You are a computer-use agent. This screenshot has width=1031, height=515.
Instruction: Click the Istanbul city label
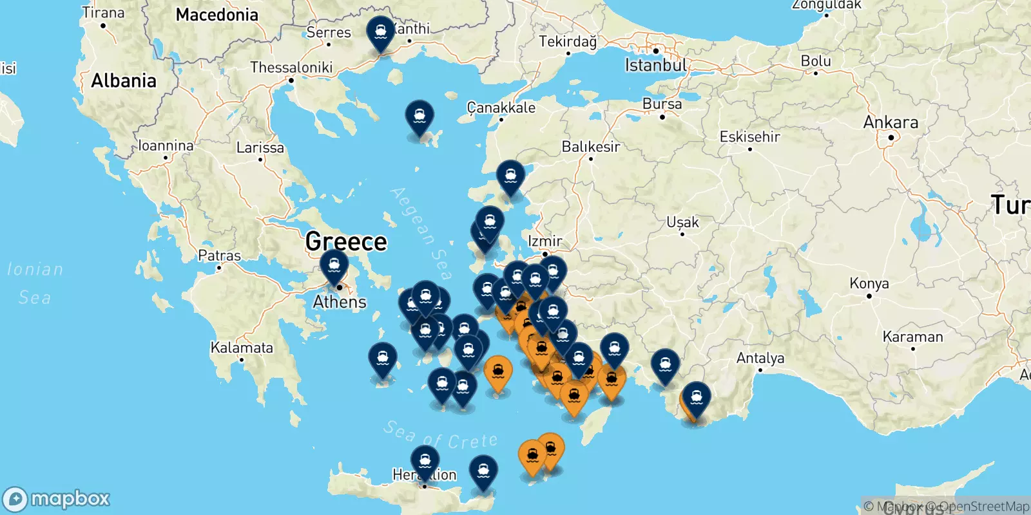coord(655,65)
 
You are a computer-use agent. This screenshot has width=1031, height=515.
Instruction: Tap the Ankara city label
coord(891,122)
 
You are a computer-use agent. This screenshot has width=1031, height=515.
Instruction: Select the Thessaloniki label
coord(291,68)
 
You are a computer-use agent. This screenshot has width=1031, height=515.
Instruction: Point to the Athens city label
coord(340,302)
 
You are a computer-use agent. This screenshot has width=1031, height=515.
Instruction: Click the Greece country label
coord(346,241)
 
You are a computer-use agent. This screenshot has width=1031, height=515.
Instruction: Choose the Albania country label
coord(124,81)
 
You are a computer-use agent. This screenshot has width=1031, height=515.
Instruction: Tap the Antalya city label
coord(760,358)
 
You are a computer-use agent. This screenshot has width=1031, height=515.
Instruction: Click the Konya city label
coord(869,283)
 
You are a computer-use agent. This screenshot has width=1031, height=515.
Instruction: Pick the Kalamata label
coord(242,348)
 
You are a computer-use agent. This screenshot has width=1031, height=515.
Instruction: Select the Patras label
coord(219,256)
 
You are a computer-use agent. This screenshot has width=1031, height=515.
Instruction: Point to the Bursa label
coord(662,104)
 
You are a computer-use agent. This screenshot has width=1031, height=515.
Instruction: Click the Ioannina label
coord(166,146)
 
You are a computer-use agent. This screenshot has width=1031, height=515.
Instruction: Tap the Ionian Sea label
coord(35,283)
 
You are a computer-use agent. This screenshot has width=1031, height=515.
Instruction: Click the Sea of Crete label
coord(441,436)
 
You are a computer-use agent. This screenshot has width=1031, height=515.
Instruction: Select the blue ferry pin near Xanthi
coord(380,32)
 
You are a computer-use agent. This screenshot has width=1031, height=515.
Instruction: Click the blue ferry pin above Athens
coord(334,265)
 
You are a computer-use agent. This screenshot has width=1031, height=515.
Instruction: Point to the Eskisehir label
coord(749,136)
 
